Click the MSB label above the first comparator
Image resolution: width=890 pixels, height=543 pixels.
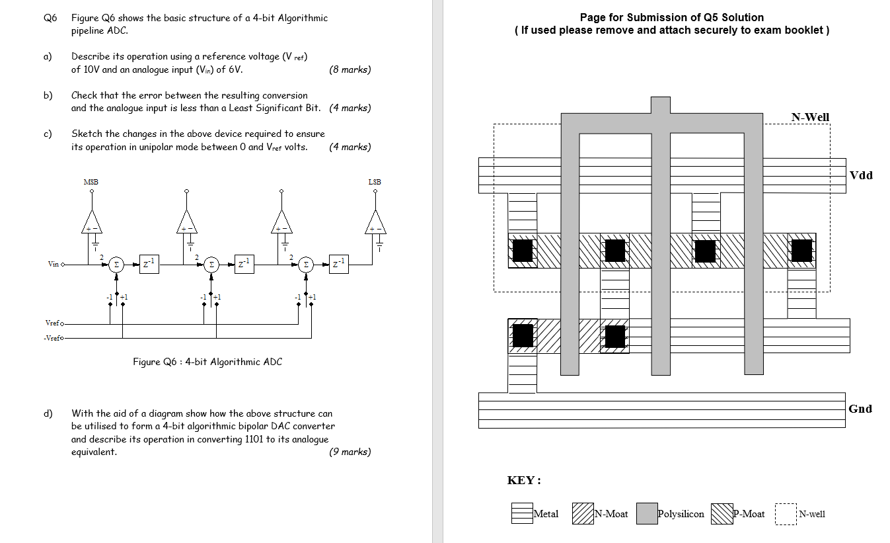[91, 182]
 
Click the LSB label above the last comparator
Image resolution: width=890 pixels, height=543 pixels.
[375, 182]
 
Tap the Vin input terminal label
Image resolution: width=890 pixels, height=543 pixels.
[53, 265]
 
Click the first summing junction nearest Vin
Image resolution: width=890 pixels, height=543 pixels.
[116, 264]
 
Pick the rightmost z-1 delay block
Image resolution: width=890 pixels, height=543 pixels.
[338, 264]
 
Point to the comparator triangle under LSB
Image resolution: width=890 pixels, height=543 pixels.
[375, 224]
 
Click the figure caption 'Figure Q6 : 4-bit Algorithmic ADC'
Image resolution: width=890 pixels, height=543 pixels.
[207, 362]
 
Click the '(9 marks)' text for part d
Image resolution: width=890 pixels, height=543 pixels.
[350, 452]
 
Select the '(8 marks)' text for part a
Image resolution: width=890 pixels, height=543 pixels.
[350, 69]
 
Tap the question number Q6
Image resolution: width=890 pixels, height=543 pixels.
[50, 18]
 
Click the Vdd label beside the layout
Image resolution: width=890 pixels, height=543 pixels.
[861, 175]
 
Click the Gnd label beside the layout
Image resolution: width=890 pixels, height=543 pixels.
[860, 409]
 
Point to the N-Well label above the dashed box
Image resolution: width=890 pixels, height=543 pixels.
[810, 117]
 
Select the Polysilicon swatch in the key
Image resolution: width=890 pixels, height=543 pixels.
[647, 514]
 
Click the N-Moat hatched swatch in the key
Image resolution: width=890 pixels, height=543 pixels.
[583, 514]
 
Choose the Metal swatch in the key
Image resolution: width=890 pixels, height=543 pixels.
[522, 514]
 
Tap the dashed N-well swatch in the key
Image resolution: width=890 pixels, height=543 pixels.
[786, 514]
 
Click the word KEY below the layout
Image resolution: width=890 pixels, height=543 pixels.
[524, 481]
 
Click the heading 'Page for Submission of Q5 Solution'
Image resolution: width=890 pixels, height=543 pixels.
[671, 18]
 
